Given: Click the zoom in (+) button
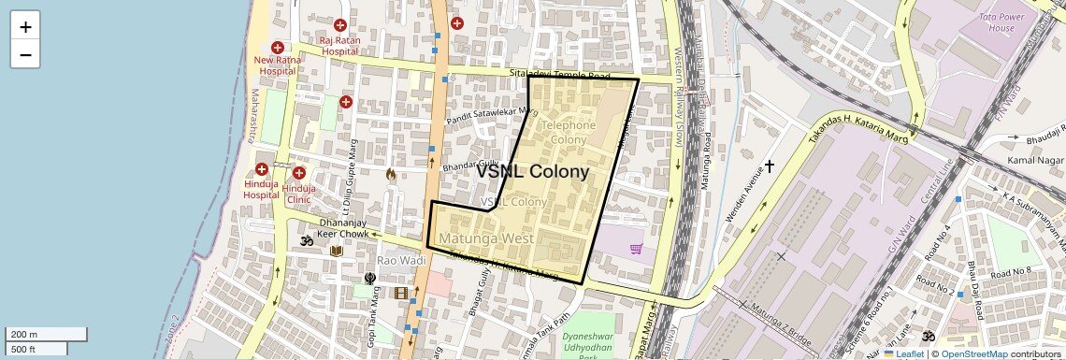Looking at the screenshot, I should point(25,27).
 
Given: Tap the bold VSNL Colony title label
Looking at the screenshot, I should point(532,172).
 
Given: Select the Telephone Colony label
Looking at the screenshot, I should point(568,132).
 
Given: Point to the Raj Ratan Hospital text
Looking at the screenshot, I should point(339,46).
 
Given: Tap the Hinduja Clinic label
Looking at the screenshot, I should point(299,194).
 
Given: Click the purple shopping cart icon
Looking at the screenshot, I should point(636,249).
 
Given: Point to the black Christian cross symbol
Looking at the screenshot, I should point(770,166).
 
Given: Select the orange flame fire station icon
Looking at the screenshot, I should point(391,173).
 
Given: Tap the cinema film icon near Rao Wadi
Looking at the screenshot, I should point(401,294).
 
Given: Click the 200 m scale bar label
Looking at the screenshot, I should point(25,334).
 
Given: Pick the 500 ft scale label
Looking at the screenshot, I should point(23,349).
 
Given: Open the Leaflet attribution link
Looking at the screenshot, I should point(904,353).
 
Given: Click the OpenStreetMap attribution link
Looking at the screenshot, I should point(973,353).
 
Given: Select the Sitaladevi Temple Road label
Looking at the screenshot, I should point(559,75).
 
